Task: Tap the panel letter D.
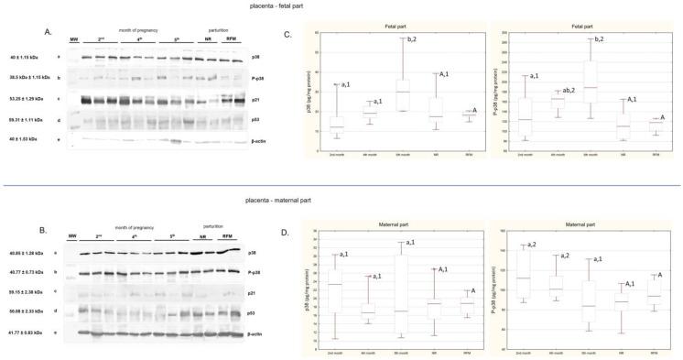coord(288,217)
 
